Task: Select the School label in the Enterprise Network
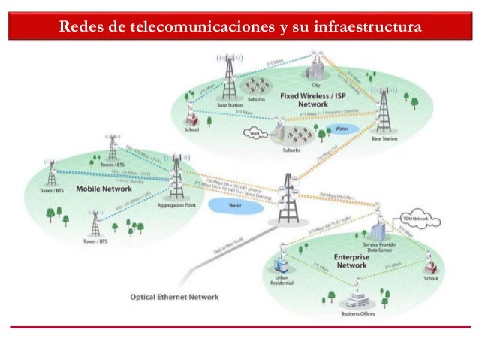431,277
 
